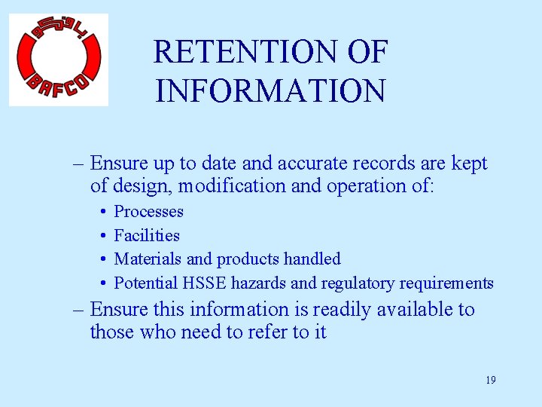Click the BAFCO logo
click(x=59, y=60)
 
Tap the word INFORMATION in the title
click(x=270, y=90)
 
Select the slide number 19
click(x=490, y=380)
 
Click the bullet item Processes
click(x=148, y=212)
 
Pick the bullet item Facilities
click(x=147, y=236)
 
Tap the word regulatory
click(x=354, y=283)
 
